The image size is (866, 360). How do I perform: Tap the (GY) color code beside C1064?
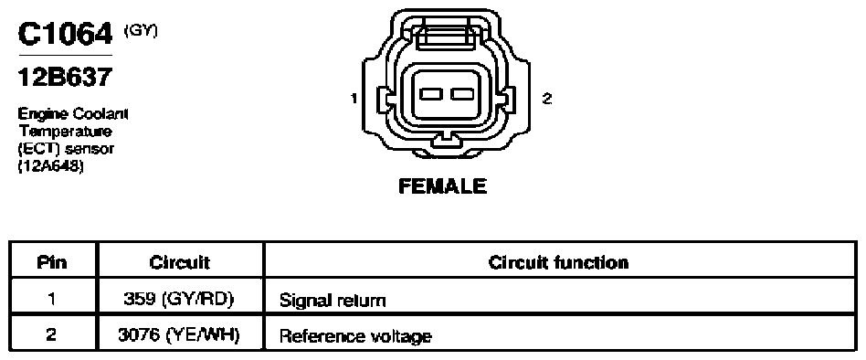(141, 31)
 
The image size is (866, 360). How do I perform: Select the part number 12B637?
(65, 77)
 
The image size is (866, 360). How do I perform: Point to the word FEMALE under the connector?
(442, 186)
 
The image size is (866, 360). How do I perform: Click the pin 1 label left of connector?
(354, 99)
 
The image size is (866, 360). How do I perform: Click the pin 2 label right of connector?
(546, 99)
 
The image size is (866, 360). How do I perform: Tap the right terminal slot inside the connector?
(461, 94)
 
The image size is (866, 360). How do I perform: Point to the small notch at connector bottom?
(445, 139)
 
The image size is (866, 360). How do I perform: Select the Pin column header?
(52, 261)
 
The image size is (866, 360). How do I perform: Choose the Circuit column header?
(179, 262)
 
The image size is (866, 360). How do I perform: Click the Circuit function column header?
(559, 261)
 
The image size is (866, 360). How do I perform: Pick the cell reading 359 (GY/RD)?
(179, 300)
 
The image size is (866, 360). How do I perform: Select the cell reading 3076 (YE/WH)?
(179, 334)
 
